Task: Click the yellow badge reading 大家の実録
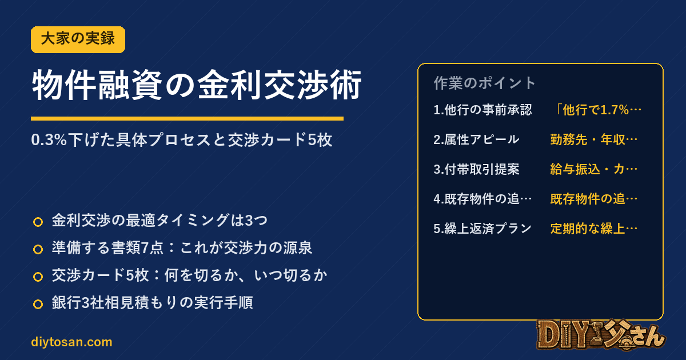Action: click(x=78, y=39)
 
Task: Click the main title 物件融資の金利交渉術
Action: click(x=197, y=85)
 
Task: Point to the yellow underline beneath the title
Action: click(x=187, y=118)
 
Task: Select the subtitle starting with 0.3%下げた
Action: click(x=182, y=140)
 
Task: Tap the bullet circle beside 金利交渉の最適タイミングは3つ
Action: click(x=38, y=222)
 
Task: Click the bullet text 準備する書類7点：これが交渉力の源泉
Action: click(x=182, y=247)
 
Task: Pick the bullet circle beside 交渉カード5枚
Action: click(x=38, y=277)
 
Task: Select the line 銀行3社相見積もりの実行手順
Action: click(x=152, y=302)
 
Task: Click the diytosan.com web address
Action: click(x=71, y=342)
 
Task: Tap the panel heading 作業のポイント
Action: click(x=484, y=83)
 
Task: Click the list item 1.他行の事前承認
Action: click(x=482, y=110)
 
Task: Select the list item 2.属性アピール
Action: click(x=477, y=139)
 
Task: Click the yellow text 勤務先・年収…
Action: click(x=594, y=139)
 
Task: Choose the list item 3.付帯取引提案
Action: click(x=477, y=169)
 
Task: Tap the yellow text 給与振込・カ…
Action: click(x=594, y=169)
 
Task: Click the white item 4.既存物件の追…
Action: click(x=482, y=199)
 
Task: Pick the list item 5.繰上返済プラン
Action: click(x=482, y=229)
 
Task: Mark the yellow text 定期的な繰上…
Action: click(x=594, y=229)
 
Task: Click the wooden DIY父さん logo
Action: click(x=601, y=335)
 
